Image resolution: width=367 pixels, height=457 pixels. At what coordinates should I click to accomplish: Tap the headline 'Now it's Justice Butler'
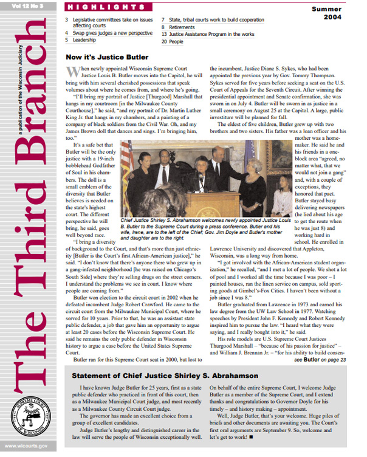pyautogui.click(x=107, y=57)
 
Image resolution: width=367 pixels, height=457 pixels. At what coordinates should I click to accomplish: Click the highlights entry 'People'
pyautogui.click(x=176, y=43)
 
